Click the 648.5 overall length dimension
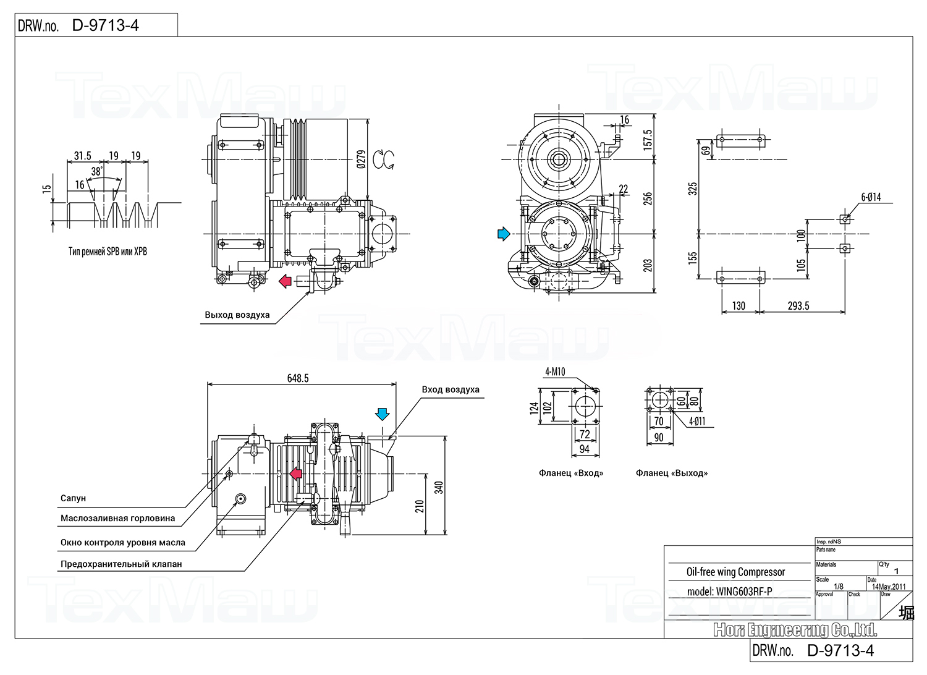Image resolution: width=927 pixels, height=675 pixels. pyautogui.click(x=297, y=378)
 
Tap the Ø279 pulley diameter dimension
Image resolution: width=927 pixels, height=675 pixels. pyautogui.click(x=362, y=159)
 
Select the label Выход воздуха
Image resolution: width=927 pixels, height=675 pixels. pyautogui.click(x=237, y=315)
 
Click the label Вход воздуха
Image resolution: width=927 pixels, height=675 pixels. pyautogui.click(x=451, y=389)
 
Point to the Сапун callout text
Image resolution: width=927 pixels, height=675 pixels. pyautogui.click(x=73, y=498)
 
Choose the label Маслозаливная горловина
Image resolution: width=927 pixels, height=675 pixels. pyautogui.click(x=117, y=519)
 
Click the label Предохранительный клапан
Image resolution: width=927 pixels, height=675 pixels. pyautogui.click(x=121, y=564)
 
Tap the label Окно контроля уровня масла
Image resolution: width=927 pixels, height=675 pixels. pyautogui.click(x=123, y=543)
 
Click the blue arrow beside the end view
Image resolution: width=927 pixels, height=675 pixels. pyautogui.click(x=504, y=234)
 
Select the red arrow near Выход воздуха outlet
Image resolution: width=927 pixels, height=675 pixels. pyautogui.click(x=285, y=281)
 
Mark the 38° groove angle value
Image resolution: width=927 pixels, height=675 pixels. pyautogui.click(x=96, y=171)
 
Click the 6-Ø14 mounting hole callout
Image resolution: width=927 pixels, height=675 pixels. pyautogui.click(x=871, y=197)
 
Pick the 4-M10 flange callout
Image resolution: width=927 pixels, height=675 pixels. pyautogui.click(x=555, y=371)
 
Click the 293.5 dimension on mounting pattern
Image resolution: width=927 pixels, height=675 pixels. pyautogui.click(x=798, y=306)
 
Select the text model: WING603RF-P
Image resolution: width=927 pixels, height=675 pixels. pyautogui.click(x=729, y=592)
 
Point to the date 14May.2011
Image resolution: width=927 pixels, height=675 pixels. pyautogui.click(x=889, y=587)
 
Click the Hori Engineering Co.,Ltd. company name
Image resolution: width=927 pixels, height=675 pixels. pyautogui.click(x=795, y=630)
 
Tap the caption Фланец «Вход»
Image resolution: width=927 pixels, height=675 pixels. pyautogui.click(x=571, y=473)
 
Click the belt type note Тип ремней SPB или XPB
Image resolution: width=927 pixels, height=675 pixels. pyautogui.click(x=108, y=252)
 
